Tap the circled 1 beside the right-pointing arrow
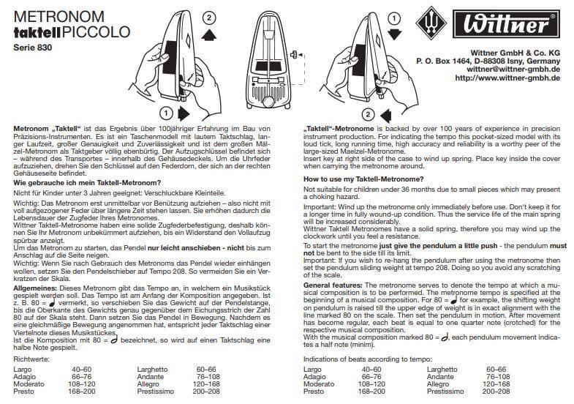[x=166, y=113]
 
